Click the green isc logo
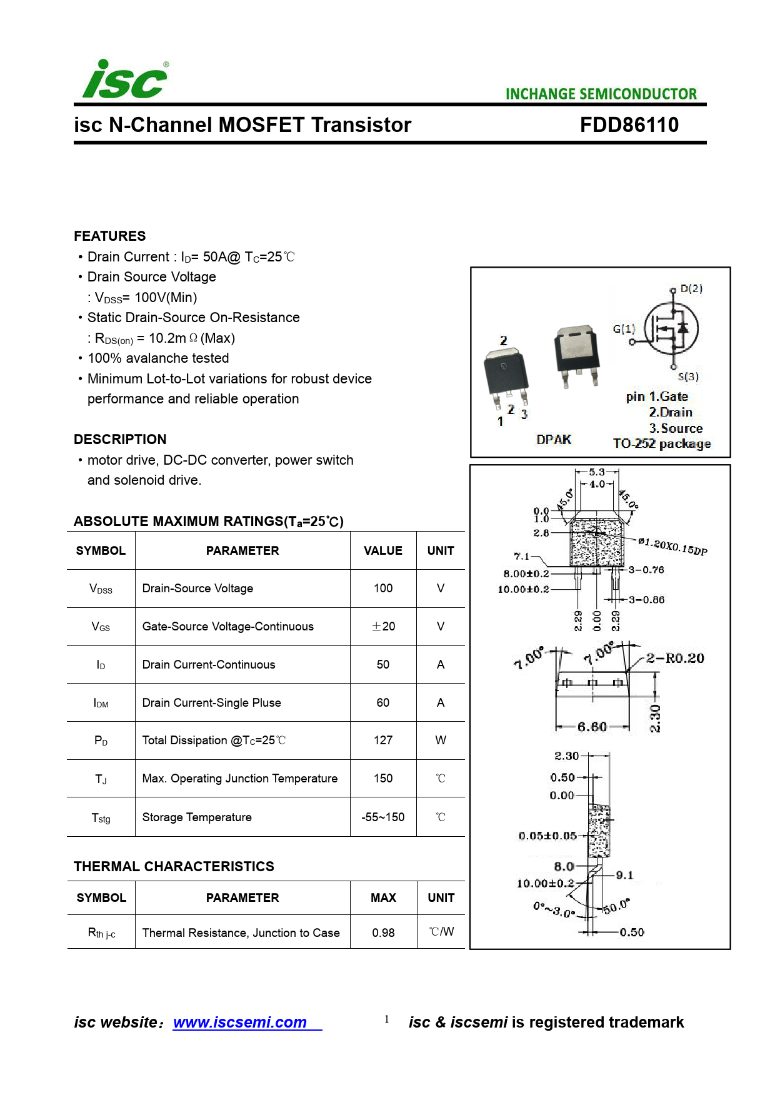coord(125,80)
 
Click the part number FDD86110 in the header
coord(629,125)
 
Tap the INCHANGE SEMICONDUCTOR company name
coord(601,94)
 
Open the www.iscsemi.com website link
coord(240,1022)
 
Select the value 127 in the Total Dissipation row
coord(383,741)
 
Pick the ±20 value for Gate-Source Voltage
coord(383,627)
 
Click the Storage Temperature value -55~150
coord(383,817)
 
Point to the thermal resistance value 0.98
coord(383,933)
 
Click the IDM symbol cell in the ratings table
coord(101,703)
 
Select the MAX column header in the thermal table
coord(383,897)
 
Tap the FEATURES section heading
coord(110,236)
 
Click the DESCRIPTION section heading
coord(120,439)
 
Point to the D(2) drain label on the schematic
coord(691,288)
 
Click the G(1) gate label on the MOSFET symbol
coord(624,329)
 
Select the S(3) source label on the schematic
coord(688,377)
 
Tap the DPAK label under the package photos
coord(554,440)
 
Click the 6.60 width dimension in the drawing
coord(592,727)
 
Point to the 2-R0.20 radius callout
coord(675,658)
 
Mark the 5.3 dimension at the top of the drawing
coord(597,472)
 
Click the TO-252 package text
coord(662,444)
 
